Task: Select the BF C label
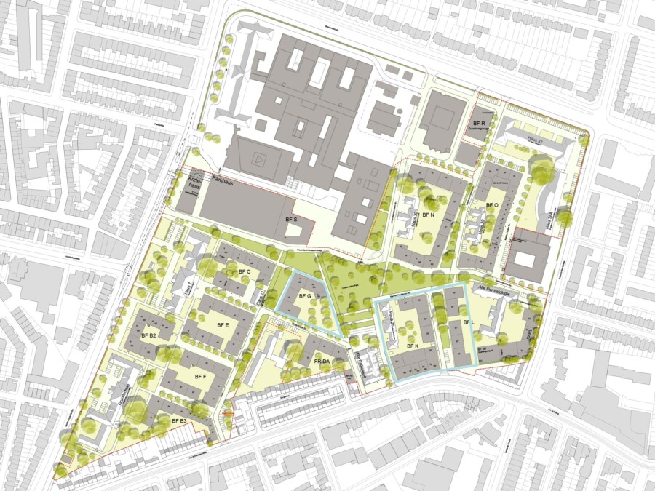(x=244, y=272)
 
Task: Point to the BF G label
(x=304, y=297)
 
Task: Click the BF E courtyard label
(x=222, y=325)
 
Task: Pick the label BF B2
(x=148, y=335)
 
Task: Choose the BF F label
(x=201, y=376)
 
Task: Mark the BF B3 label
(x=180, y=420)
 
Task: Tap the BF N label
(x=428, y=215)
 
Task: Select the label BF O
(x=491, y=206)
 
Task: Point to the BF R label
(x=479, y=116)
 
